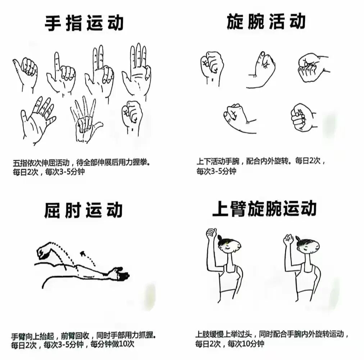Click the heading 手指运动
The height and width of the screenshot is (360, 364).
[x=84, y=23]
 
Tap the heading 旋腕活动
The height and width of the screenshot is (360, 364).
[x=266, y=21]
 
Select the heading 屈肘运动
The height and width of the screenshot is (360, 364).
[x=83, y=210]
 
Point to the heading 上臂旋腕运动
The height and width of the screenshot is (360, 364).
[x=264, y=208]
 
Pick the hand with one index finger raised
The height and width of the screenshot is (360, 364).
[x=61, y=73]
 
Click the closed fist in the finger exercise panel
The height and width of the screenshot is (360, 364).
[x=132, y=117]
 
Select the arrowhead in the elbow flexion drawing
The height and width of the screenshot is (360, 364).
[x=82, y=253]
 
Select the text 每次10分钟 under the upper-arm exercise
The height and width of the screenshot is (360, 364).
[x=246, y=343]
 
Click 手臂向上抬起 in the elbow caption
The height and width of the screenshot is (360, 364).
[x=32, y=336]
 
